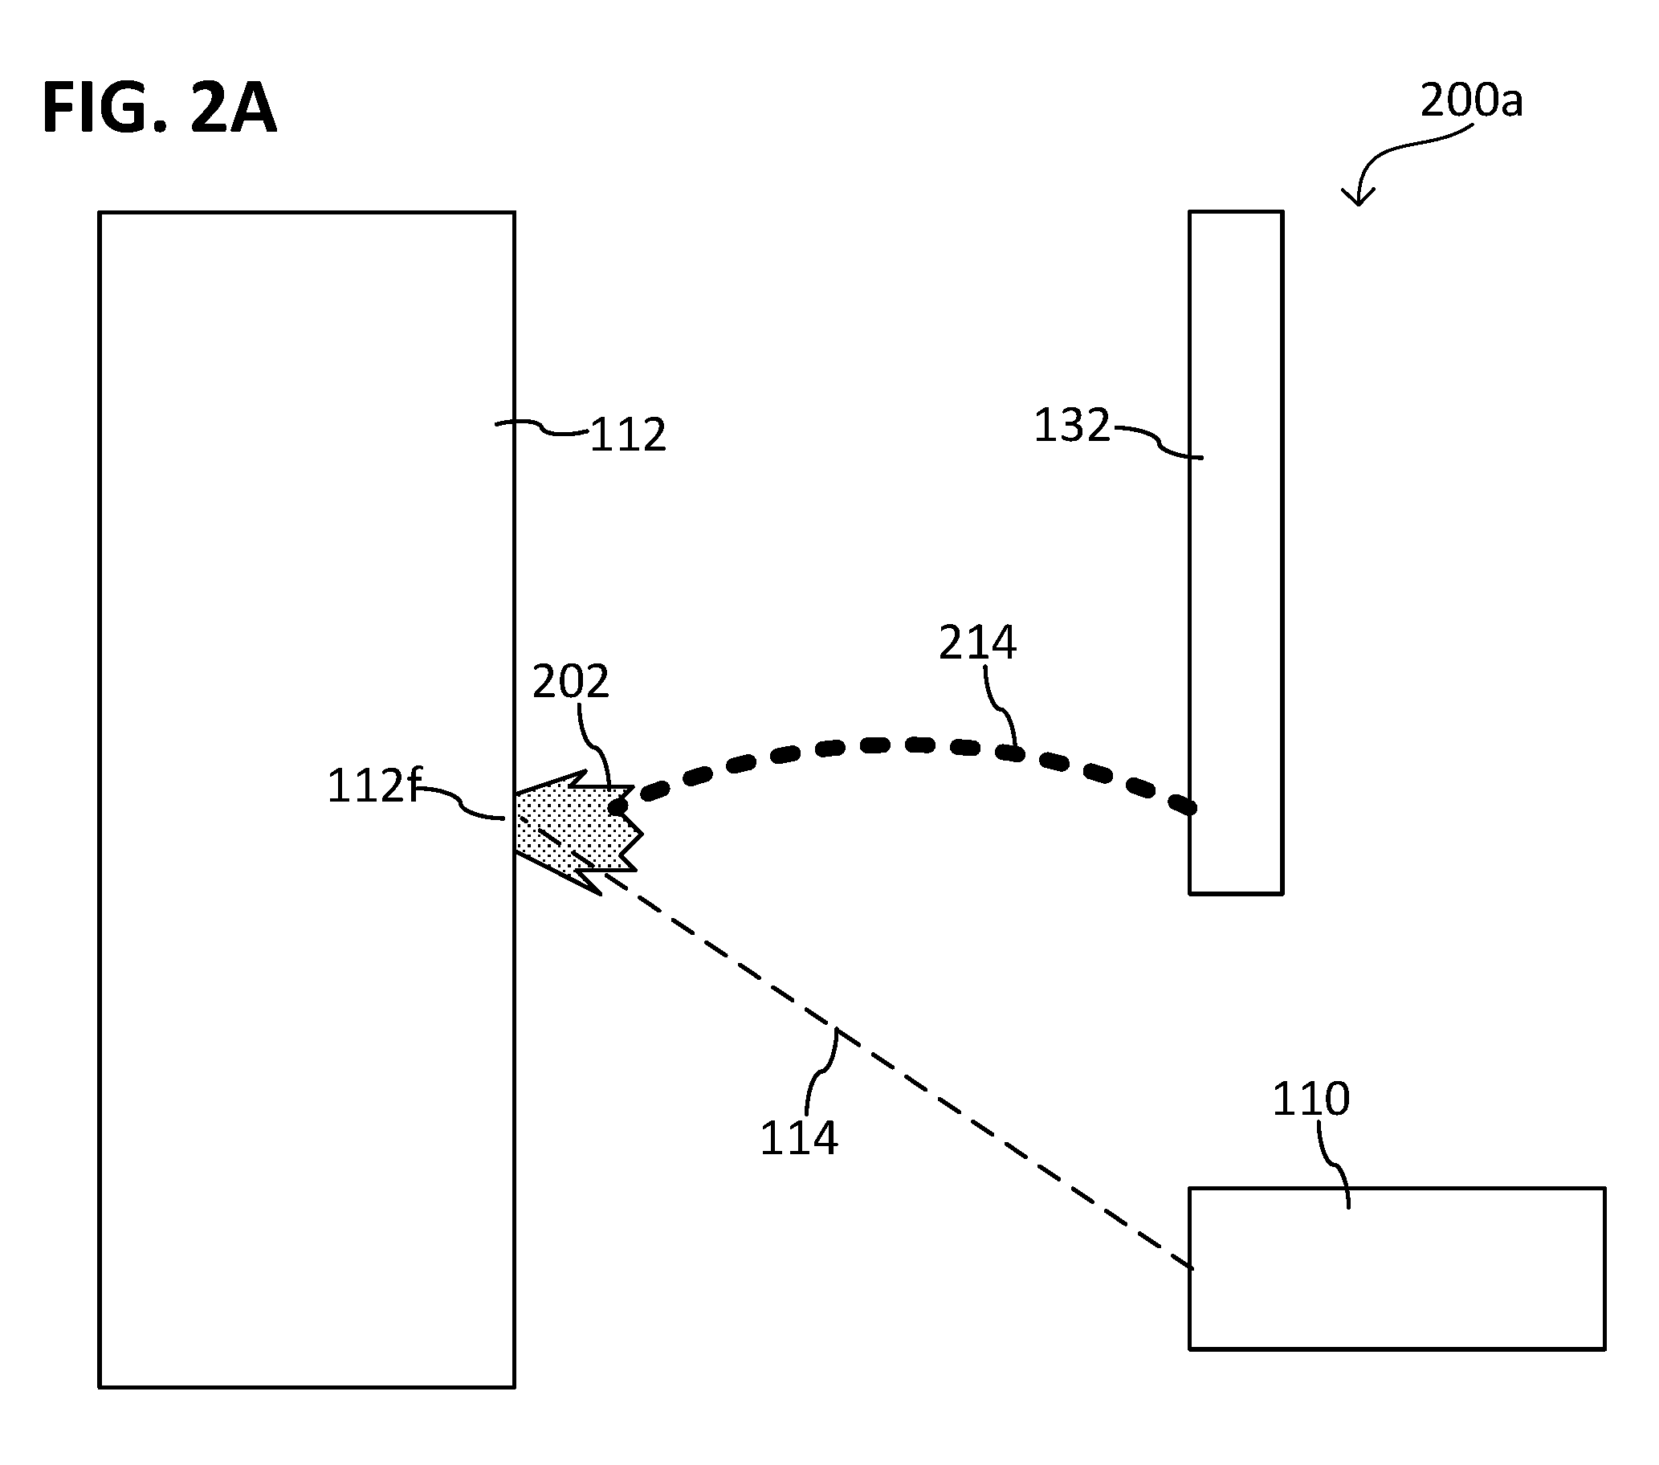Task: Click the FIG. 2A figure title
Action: click(x=159, y=107)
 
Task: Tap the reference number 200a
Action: click(x=1471, y=101)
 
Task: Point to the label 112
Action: click(x=627, y=435)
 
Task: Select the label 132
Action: click(x=1071, y=426)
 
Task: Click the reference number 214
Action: click(x=977, y=643)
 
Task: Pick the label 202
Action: click(x=571, y=682)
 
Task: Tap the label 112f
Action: click(x=374, y=786)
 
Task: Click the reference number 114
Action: click(x=799, y=1138)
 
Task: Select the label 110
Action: click(x=1310, y=1099)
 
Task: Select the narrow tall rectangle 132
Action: click(x=1236, y=553)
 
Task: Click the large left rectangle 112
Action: click(x=307, y=800)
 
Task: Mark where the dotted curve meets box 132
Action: click(x=1190, y=807)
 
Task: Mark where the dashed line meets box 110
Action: click(x=1191, y=1267)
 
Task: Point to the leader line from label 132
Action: click(x=1156, y=440)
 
